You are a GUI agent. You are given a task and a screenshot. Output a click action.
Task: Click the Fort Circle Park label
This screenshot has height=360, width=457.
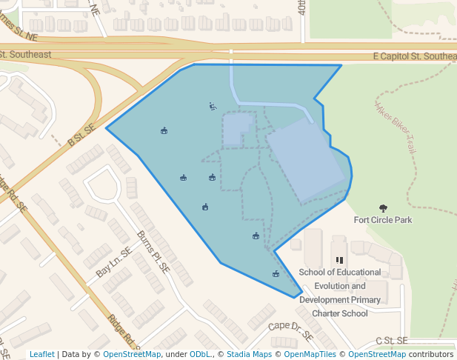382,220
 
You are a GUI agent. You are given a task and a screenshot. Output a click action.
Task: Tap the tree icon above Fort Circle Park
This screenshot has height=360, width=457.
383,208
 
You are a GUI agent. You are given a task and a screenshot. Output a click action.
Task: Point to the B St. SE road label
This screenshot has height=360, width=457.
81,133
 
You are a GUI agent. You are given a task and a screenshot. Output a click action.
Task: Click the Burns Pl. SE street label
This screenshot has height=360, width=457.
153,253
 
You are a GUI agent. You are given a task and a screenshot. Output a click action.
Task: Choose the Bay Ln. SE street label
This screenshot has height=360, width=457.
113,263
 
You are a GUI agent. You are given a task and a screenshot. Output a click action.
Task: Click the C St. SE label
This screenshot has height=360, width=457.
391,341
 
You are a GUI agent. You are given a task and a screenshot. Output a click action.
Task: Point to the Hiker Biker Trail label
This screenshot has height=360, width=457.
399,126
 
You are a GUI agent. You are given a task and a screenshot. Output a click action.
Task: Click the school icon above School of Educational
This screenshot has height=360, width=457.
339,260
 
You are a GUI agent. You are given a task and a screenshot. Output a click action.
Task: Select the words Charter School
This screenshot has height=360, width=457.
340,313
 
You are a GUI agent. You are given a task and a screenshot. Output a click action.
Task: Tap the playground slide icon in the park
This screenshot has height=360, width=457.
213,106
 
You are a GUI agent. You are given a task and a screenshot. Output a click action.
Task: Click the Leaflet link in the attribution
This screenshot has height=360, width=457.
41,354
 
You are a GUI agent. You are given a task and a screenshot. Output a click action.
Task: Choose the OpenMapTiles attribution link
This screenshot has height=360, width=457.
305,354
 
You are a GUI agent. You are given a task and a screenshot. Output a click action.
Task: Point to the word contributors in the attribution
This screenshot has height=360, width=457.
431,354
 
